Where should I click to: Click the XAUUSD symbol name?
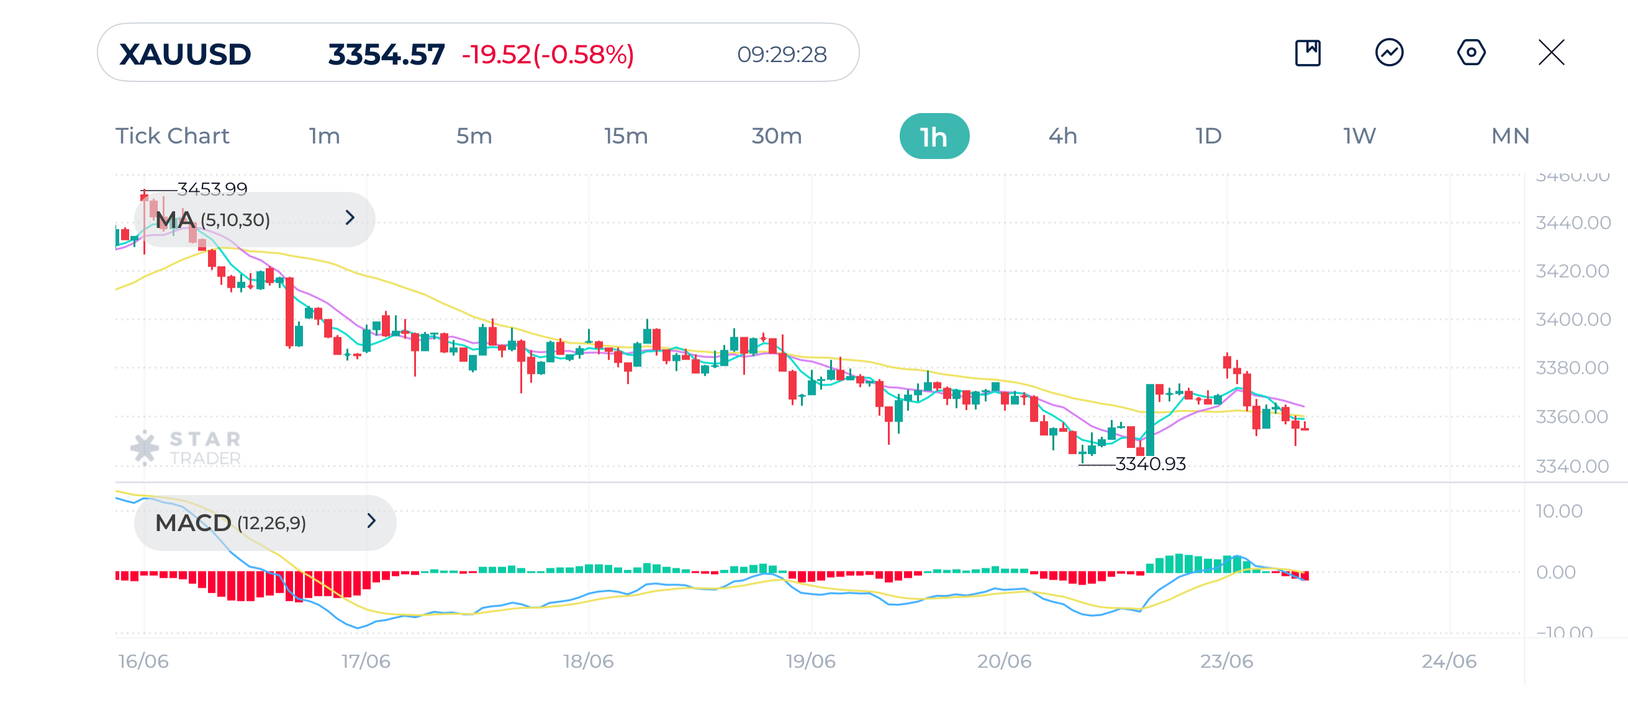pos(184,55)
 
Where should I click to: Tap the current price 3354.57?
pos(386,55)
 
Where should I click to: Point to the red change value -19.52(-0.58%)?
pos(547,55)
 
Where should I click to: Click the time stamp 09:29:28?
pos(781,55)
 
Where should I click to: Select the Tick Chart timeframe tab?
pos(172,136)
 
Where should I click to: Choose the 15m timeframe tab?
pos(625,136)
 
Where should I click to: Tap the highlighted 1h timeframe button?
pos(933,137)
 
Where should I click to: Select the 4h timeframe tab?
pos(1062,136)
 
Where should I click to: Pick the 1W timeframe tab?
pos(1359,136)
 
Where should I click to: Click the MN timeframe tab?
pos(1510,136)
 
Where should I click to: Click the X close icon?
pos(1551,52)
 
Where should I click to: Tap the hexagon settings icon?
pos(1471,52)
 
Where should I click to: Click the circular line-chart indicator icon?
pos(1389,52)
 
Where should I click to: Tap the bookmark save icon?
pos(1308,52)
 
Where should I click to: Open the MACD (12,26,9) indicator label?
pos(264,523)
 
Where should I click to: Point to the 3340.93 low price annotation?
pos(1149,464)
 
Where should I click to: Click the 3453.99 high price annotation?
pos(212,188)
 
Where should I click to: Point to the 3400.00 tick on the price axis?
pos(1572,319)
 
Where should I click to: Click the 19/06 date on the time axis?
pos(810,662)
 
